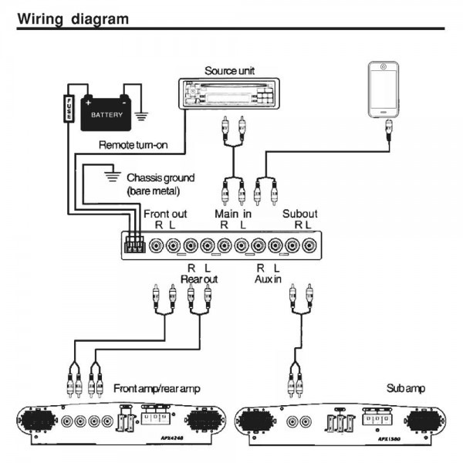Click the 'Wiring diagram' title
click(73, 17)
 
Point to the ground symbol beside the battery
click(140, 117)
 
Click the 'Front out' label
click(165, 213)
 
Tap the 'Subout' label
click(299, 213)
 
